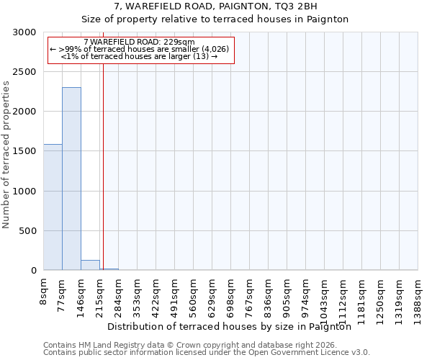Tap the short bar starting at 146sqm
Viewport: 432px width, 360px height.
90,265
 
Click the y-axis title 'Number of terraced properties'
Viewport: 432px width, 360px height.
6,154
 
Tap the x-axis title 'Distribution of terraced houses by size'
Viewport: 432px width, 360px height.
233,326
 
